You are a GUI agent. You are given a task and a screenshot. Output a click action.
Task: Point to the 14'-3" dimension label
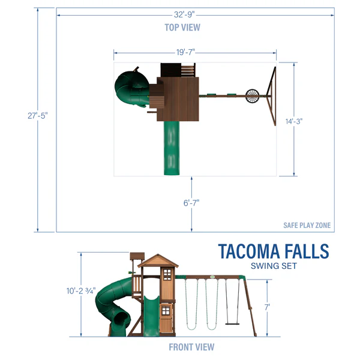(x=293, y=121)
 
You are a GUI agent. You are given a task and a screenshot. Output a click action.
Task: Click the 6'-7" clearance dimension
(x=191, y=203)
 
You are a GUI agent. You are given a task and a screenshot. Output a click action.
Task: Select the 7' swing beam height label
(x=267, y=307)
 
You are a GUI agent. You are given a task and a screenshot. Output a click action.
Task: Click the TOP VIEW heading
(x=182, y=28)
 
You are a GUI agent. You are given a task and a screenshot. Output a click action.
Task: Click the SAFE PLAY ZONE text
(x=307, y=226)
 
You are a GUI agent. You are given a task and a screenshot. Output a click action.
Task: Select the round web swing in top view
(x=254, y=96)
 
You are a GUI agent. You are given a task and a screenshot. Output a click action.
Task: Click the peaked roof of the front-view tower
(x=158, y=260)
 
